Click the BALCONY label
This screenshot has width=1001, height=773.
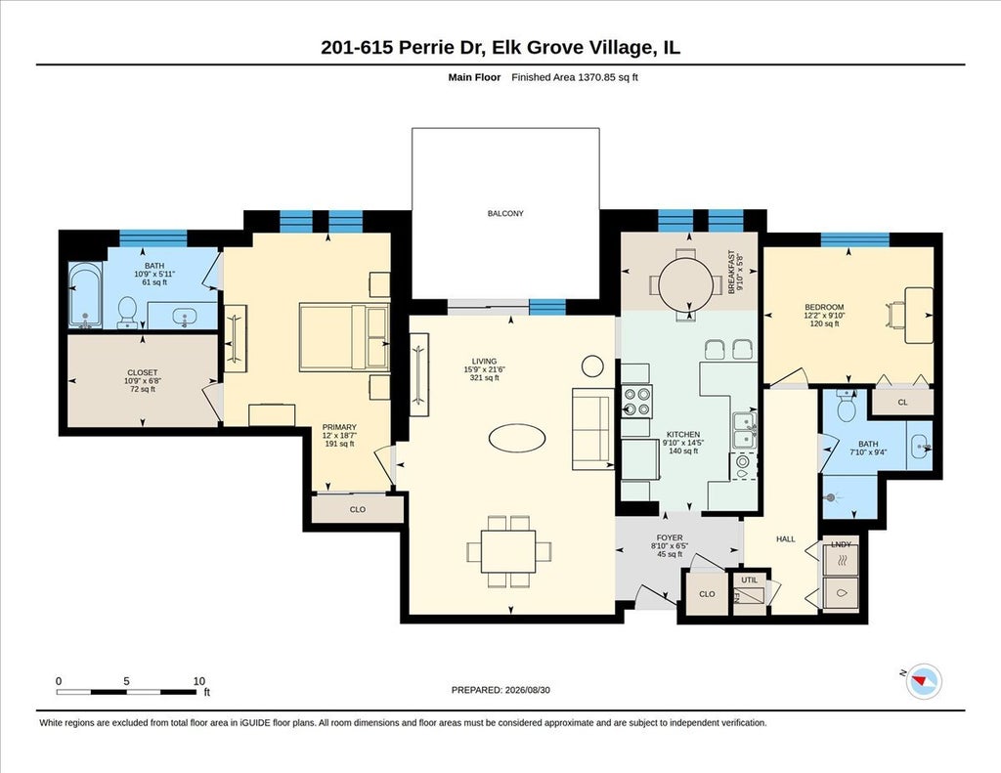[505, 214]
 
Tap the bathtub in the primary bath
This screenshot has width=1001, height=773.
[86, 295]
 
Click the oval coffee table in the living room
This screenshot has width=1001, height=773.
[517, 438]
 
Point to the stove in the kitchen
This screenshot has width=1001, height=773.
[636, 401]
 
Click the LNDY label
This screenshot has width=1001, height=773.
[841, 544]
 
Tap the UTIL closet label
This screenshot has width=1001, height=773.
[749, 580]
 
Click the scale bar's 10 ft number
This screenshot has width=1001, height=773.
[199, 681]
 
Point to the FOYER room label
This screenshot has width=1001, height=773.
[669, 538]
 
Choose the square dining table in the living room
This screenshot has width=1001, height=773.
[508, 551]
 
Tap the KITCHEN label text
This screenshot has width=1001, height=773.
[683, 434]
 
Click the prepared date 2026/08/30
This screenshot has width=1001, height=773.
[527, 690]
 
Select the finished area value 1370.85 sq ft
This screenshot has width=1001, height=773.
[607, 77]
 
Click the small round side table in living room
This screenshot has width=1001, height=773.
[592, 365]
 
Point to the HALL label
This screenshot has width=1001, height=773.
[785, 539]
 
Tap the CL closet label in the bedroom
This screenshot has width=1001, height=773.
[902, 403]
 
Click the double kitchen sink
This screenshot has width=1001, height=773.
[744, 430]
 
